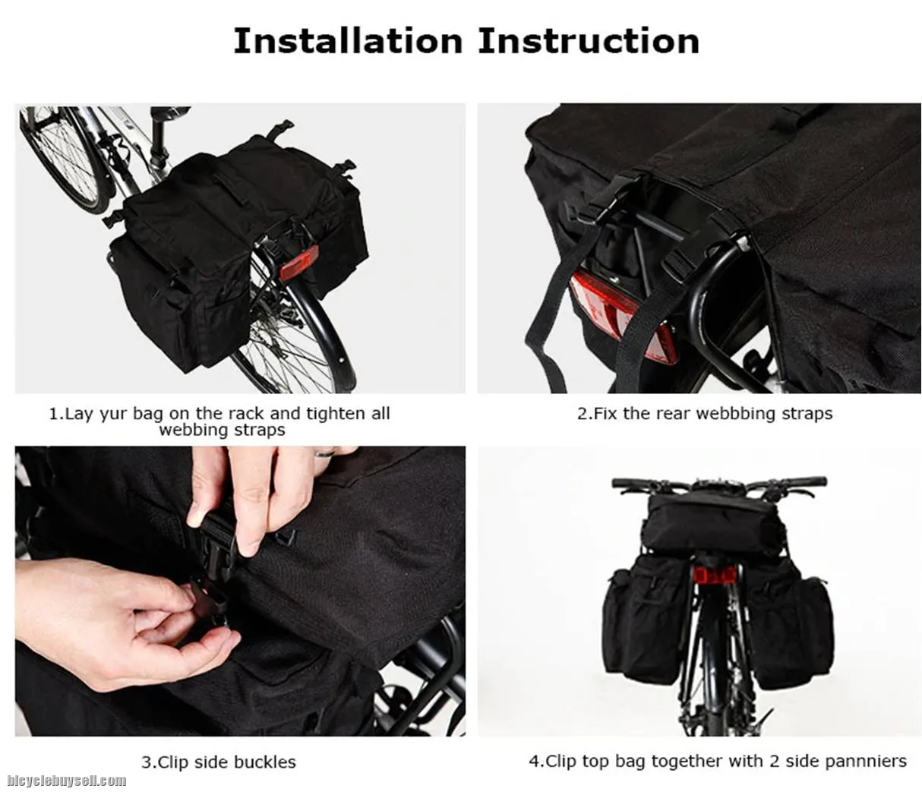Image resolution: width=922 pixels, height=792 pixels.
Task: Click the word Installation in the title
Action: click(x=348, y=41)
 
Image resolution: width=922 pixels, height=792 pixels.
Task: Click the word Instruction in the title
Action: click(x=589, y=41)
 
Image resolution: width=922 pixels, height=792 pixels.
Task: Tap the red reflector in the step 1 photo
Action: click(x=299, y=263)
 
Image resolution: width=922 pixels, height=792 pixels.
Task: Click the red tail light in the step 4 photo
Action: click(x=714, y=576)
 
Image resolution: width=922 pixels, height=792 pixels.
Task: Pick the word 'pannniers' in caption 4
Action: click(x=866, y=761)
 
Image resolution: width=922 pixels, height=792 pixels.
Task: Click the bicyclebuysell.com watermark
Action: click(x=67, y=781)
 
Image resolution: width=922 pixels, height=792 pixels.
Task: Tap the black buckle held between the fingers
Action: click(x=219, y=542)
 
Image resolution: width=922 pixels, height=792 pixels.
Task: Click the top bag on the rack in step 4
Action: click(x=712, y=524)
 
